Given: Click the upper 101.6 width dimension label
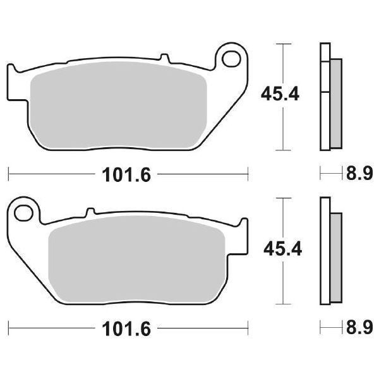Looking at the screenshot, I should [x=126, y=175].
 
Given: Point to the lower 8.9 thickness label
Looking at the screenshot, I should [x=359, y=328].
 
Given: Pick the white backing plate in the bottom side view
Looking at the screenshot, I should [x=325, y=253].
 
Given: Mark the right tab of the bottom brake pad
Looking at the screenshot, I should [x=243, y=234].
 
